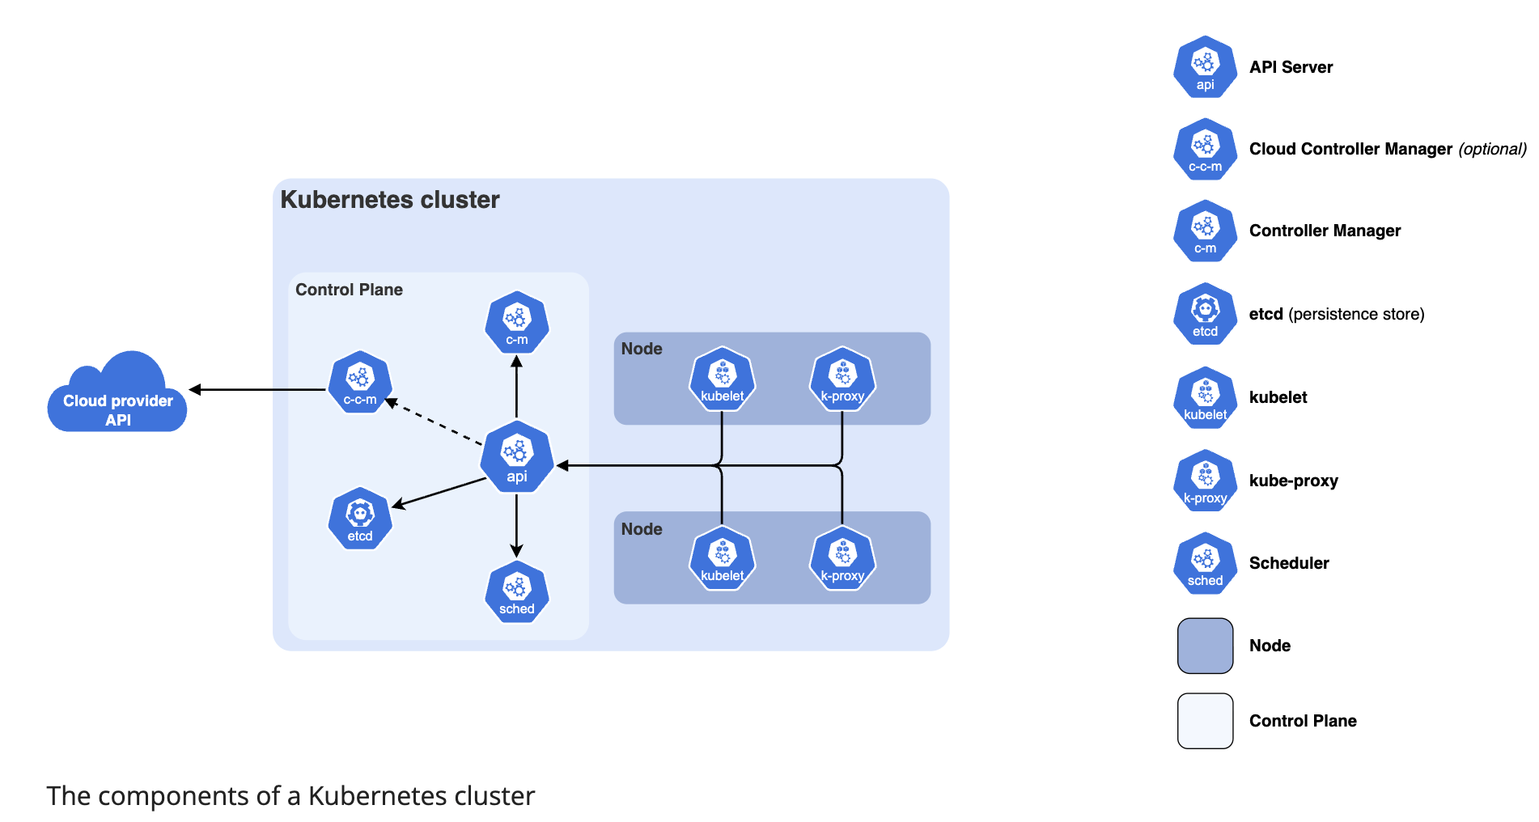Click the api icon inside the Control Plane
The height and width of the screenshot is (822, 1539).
pyautogui.click(x=516, y=457)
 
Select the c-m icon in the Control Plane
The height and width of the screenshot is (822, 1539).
pyautogui.click(x=516, y=322)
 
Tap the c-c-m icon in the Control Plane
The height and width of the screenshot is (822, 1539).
pyautogui.click(x=360, y=382)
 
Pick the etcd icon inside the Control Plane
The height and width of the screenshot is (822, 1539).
pyautogui.click(x=360, y=519)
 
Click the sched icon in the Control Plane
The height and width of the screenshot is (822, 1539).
pyautogui.click(x=516, y=591)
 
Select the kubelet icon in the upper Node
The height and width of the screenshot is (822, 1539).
pyautogui.click(x=722, y=379)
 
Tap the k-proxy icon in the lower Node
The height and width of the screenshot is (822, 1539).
pyautogui.click(x=842, y=558)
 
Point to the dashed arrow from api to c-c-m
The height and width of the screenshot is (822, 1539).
pyautogui.click(x=435, y=422)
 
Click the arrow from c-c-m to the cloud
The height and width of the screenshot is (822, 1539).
pyautogui.click(x=259, y=390)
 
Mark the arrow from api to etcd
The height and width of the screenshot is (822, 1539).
pyautogui.click(x=439, y=493)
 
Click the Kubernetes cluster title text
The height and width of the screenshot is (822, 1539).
pyautogui.click(x=389, y=200)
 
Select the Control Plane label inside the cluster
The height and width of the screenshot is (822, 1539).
pyautogui.click(x=349, y=290)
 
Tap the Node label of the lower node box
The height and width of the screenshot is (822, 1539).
pyautogui.click(x=642, y=529)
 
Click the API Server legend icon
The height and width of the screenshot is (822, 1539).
pyautogui.click(x=1205, y=67)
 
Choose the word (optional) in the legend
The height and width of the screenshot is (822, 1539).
pyautogui.click(x=1492, y=149)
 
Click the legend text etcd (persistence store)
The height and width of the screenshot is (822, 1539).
pyautogui.click(x=1336, y=314)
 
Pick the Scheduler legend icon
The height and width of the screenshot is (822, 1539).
pyautogui.click(x=1205, y=563)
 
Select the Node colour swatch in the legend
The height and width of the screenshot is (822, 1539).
pyautogui.click(x=1205, y=646)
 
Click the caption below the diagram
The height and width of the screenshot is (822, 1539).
pyautogui.click(x=290, y=796)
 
